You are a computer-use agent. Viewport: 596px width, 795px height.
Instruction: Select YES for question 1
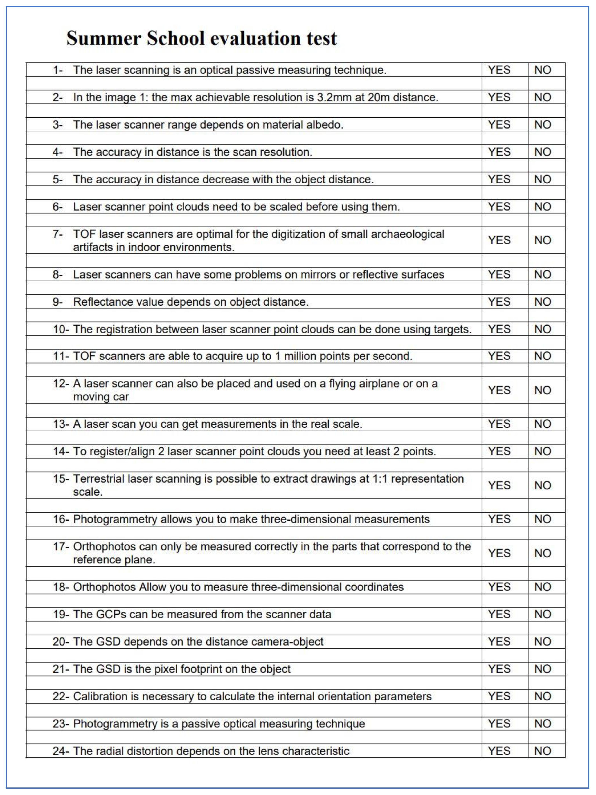[x=499, y=70]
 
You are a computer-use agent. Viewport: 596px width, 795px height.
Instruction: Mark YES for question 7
[x=499, y=240]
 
